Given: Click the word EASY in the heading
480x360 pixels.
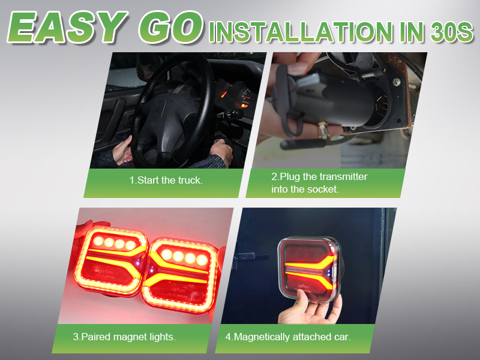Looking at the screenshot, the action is (67, 27).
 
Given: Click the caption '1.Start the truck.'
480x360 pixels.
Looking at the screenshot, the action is (166, 181).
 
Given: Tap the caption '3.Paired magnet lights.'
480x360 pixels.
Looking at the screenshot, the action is (124, 337).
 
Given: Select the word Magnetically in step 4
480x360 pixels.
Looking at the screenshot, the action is (262, 337).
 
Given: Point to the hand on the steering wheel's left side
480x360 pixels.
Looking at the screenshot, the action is (123, 151).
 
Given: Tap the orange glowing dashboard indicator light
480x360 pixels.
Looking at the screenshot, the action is (244, 106).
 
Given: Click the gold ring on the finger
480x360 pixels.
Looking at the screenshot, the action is (323, 131).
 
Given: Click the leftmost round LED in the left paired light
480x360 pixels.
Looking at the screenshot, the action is (98, 241).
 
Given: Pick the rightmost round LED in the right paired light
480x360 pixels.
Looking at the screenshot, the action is (202, 260).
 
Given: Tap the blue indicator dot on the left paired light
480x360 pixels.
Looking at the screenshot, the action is (139, 263).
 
